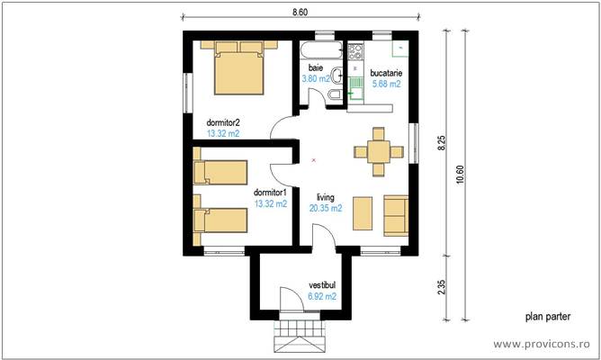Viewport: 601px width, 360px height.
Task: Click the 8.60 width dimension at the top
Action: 300,12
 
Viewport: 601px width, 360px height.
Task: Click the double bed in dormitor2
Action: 238,71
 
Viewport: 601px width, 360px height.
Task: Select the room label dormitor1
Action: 270,192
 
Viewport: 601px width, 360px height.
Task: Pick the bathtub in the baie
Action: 318,49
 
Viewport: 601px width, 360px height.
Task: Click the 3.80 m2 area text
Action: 315,79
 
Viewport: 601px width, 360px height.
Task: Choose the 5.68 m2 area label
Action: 387,84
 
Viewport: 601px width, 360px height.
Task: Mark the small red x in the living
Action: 312,160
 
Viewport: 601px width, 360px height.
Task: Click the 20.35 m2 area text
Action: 325,208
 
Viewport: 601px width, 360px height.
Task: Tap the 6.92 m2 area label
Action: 322,295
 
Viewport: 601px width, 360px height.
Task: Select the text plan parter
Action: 547,317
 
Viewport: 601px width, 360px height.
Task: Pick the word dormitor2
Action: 223,122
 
